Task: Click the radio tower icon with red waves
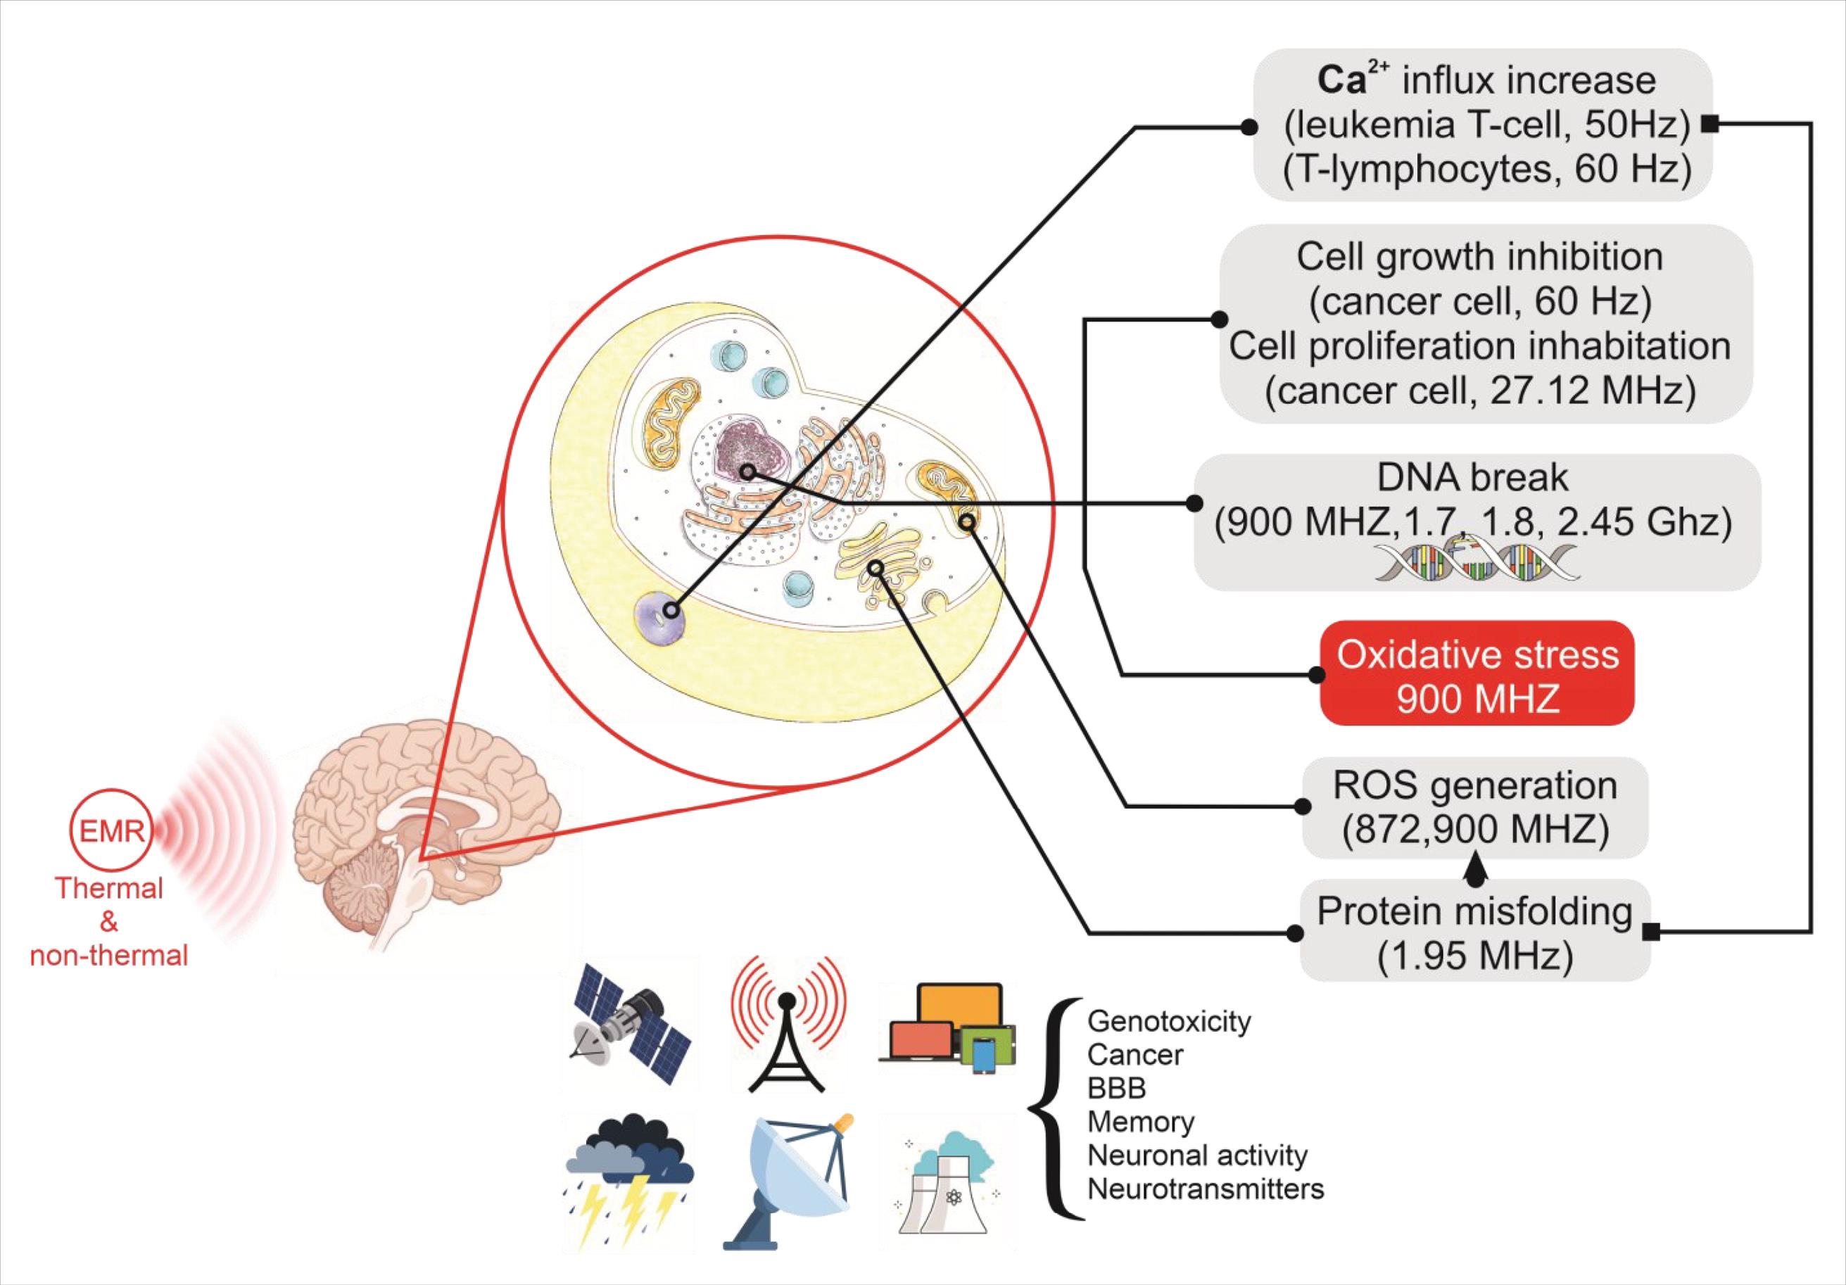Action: click(x=788, y=1024)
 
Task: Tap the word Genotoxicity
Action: click(x=1169, y=1021)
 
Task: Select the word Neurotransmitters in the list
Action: click(x=1205, y=1189)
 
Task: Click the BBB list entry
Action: click(x=1116, y=1088)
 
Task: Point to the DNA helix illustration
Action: click(x=1476, y=560)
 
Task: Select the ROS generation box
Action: click(x=1474, y=807)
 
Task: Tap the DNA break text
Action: click(x=1472, y=478)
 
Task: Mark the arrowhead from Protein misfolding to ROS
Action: click(x=1478, y=867)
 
